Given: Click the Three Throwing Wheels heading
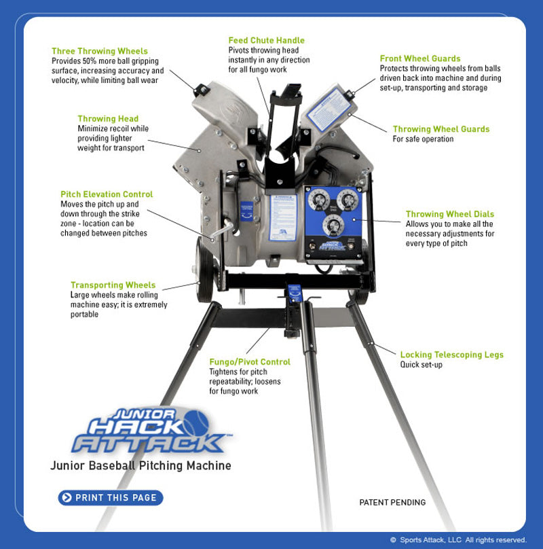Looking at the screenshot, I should [x=99, y=51].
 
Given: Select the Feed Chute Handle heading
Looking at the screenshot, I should [x=266, y=41].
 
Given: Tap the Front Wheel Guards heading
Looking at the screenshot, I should [x=420, y=59].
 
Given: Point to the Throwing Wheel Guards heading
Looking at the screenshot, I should [x=441, y=129].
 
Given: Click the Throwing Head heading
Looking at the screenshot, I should [x=108, y=119].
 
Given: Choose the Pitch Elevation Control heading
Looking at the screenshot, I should [x=107, y=194].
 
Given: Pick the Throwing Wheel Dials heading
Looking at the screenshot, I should [x=449, y=214].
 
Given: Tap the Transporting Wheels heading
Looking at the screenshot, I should [x=113, y=285].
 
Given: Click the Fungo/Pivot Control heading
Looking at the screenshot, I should [x=250, y=362].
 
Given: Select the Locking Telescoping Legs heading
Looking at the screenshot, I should [x=451, y=355].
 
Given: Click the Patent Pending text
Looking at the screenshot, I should [x=392, y=503].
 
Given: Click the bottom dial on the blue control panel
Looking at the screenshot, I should [x=333, y=225].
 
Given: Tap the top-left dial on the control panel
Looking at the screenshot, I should [x=318, y=201].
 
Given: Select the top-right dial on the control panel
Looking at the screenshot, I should [x=348, y=200].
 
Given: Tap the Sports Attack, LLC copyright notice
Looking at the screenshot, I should [x=458, y=540].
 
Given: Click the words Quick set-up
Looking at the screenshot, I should [x=421, y=365].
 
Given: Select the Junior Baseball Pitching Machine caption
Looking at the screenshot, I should [x=141, y=466].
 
